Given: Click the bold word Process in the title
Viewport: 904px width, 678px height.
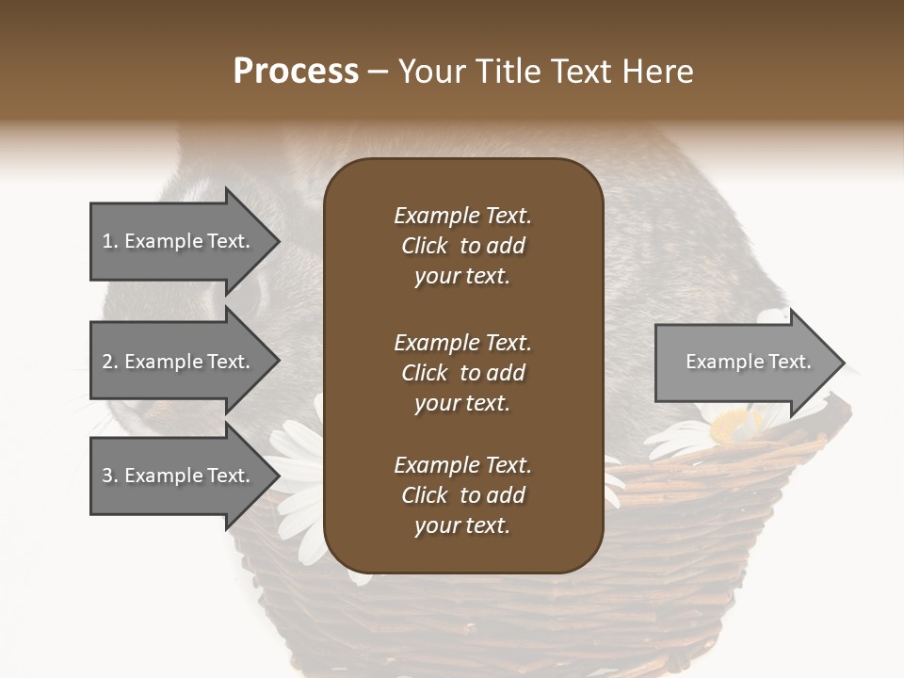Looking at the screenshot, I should (296, 72).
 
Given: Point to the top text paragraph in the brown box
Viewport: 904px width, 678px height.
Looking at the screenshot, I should (462, 246).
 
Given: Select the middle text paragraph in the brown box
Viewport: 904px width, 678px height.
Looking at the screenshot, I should (462, 372).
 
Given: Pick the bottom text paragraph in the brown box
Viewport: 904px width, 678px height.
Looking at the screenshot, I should (462, 495).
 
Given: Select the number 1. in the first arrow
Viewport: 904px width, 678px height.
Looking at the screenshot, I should (110, 241).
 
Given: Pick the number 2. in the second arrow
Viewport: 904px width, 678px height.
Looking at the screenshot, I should (110, 362).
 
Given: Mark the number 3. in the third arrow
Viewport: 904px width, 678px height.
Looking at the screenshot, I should (110, 476).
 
